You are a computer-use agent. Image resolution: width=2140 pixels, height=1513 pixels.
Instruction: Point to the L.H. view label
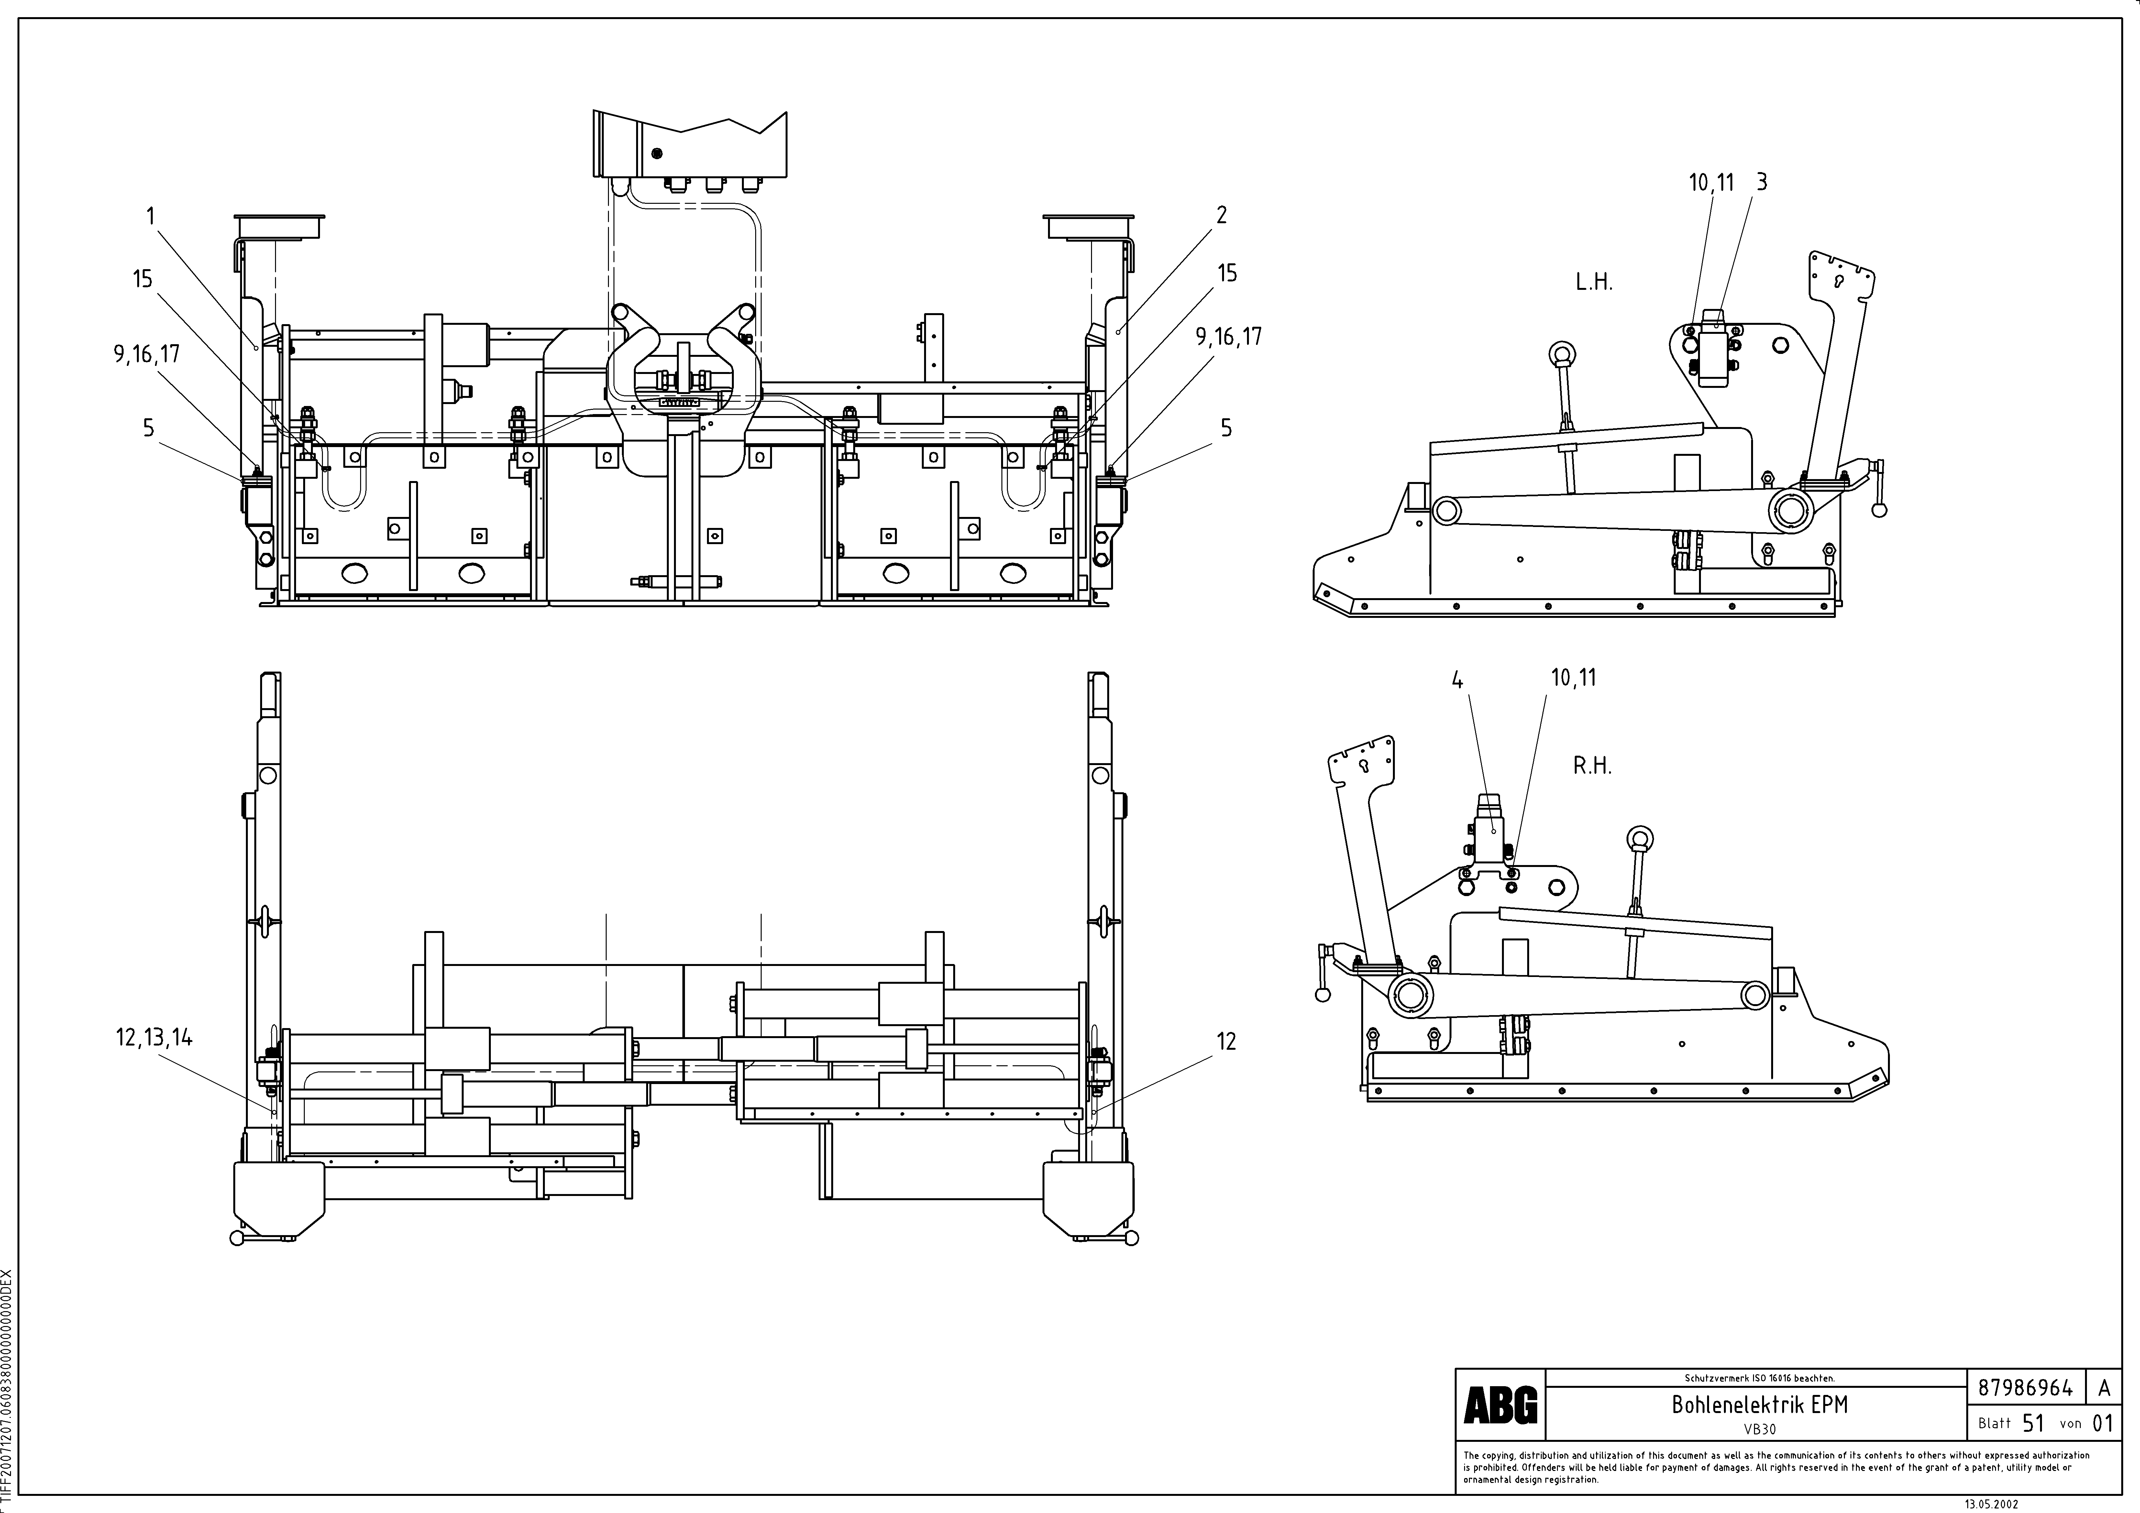(x=1594, y=282)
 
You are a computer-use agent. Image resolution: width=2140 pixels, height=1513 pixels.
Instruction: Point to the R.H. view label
(x=1592, y=766)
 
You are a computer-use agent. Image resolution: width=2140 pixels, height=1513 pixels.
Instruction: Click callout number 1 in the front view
(x=151, y=216)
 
